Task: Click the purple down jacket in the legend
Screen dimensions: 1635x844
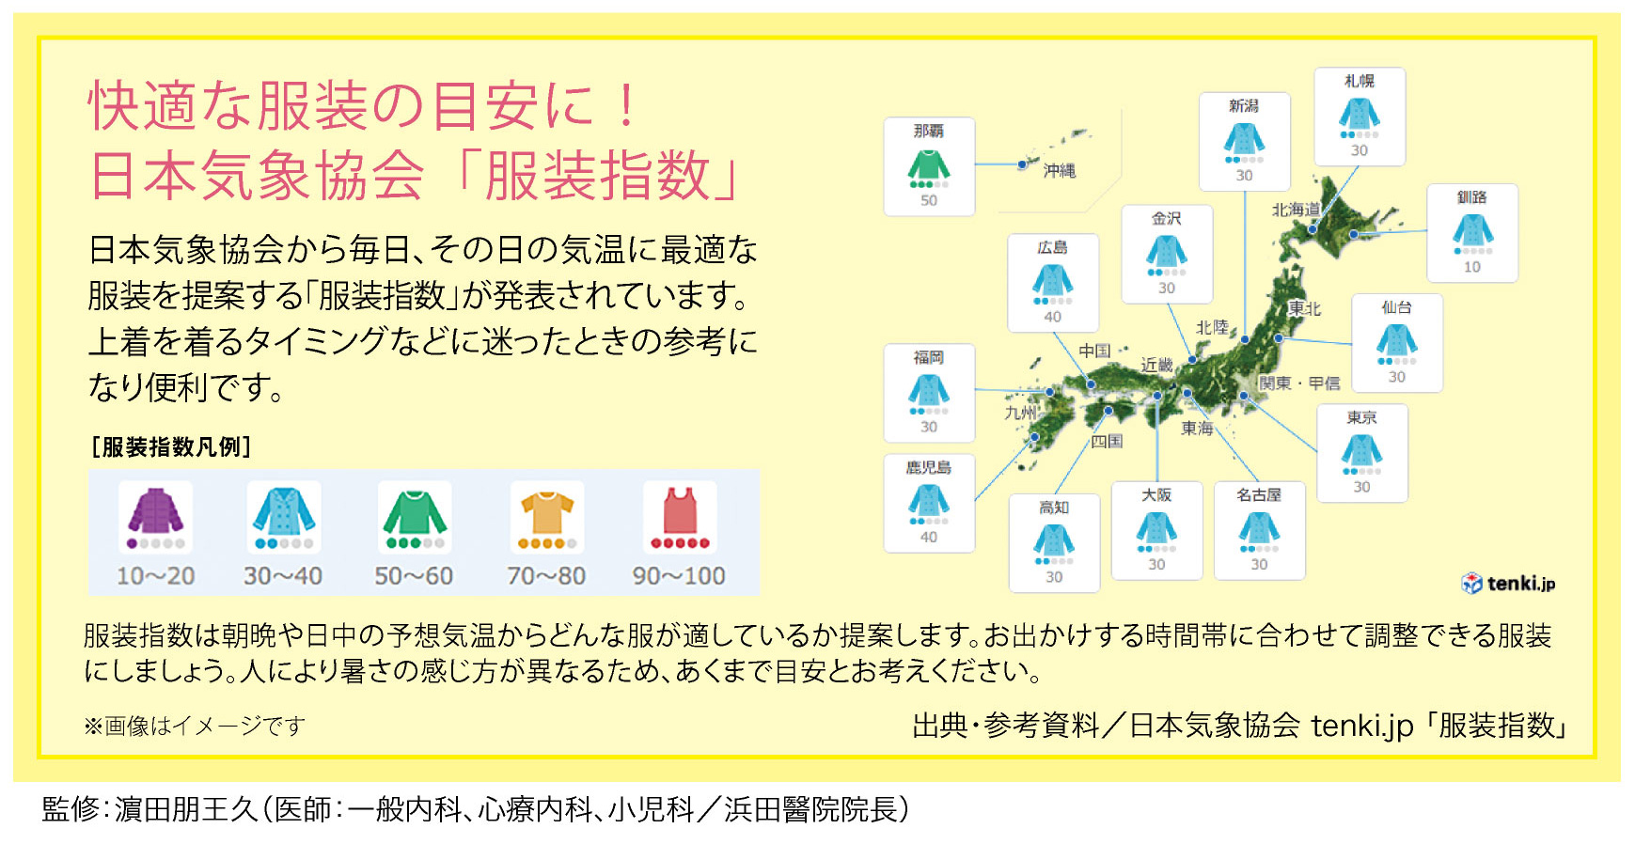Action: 156,511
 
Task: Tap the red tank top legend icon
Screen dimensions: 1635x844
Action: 680,511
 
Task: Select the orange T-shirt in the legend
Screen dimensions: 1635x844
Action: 547,511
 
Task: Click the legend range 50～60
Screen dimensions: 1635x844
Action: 414,575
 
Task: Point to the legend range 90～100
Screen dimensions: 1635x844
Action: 679,575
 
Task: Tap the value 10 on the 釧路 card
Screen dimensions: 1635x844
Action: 1472,267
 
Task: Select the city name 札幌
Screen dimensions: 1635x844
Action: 1360,81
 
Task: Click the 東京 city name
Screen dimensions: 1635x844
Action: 1362,417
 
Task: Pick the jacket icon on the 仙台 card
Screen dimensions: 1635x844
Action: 1397,339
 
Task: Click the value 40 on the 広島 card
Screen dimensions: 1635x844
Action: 1053,317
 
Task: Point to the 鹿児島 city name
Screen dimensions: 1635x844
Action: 929,467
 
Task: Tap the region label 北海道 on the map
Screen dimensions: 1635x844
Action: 1297,210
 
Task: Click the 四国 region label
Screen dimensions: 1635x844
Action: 1108,441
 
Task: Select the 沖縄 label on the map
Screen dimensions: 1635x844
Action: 1060,170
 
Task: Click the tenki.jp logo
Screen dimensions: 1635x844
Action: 1509,584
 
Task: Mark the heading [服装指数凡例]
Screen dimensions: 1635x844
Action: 170,446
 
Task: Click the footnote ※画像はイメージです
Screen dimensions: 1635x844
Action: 195,726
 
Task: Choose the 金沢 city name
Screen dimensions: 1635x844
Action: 1167,218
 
